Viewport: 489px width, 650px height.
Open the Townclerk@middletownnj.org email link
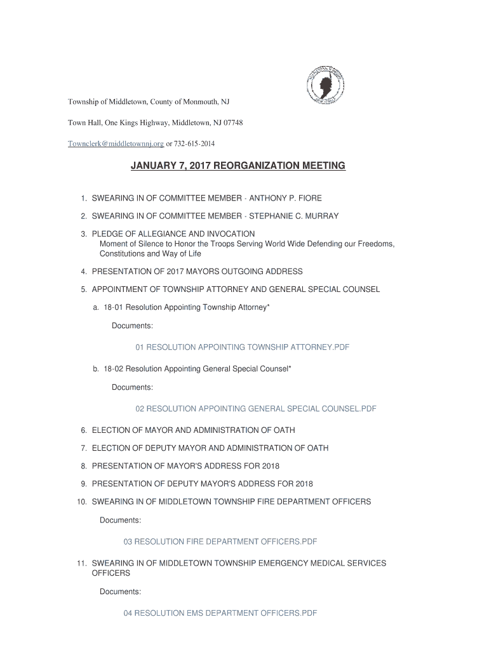(x=116, y=143)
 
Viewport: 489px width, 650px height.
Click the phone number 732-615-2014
(x=200, y=143)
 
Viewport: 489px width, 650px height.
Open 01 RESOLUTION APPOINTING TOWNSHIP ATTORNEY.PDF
(x=243, y=347)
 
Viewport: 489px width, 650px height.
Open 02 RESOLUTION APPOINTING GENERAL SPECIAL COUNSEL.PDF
(x=256, y=409)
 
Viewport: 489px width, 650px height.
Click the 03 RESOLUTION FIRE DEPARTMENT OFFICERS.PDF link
(x=220, y=541)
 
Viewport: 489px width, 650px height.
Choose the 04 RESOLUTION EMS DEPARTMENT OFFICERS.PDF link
(x=220, y=613)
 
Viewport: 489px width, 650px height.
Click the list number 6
(x=83, y=430)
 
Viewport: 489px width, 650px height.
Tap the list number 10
(x=81, y=502)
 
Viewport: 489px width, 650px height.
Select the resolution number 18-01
(x=114, y=307)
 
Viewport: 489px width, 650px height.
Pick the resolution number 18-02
(x=114, y=369)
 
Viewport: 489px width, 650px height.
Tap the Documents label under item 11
(x=120, y=592)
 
